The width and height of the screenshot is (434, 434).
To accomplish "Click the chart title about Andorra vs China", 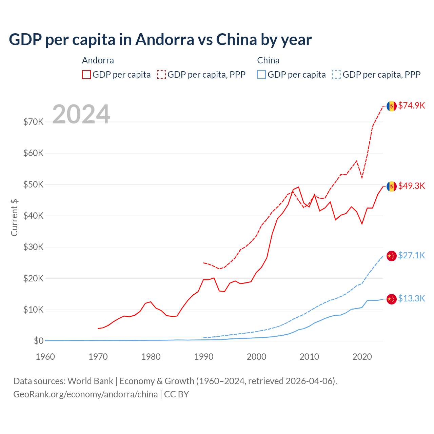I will click(160, 40).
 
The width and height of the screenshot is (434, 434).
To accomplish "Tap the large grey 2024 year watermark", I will click(81, 114).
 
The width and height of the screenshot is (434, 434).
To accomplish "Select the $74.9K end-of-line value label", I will click(411, 105).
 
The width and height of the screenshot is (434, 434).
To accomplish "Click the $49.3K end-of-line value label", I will click(411, 186).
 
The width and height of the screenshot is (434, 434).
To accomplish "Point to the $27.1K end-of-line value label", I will click(411, 255).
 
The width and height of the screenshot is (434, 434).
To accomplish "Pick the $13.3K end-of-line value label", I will click(411, 298).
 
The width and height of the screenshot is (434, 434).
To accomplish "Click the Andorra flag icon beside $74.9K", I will click(392, 106).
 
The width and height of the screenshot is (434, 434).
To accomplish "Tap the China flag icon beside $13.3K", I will click(392, 299).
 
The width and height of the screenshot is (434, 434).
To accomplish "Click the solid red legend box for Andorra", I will click(86, 75).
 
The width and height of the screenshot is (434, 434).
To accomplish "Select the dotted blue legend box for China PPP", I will click(336, 75).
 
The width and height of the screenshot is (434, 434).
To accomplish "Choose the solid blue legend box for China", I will click(261, 75).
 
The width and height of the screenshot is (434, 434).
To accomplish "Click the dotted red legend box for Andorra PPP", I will click(161, 75).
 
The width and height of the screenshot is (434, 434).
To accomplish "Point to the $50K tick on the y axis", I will click(33, 184).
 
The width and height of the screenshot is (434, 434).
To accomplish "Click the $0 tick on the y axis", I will click(38, 341).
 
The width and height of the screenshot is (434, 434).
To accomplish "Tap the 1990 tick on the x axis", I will click(204, 357).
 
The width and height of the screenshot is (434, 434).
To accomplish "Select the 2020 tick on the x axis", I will click(362, 357).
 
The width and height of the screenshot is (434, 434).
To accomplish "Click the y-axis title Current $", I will click(14, 217).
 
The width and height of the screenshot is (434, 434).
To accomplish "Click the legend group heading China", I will click(268, 60).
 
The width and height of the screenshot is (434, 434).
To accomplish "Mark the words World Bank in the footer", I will click(90, 381).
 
